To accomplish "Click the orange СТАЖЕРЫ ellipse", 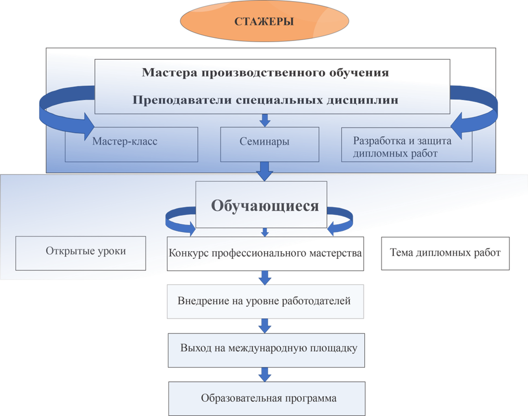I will (x=264, y=22).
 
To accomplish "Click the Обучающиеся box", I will (x=265, y=205).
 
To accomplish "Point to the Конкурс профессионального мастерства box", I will (x=265, y=254).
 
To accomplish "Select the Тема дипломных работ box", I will (x=445, y=253).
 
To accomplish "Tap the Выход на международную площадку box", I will (x=265, y=349).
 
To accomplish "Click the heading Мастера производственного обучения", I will (x=266, y=72).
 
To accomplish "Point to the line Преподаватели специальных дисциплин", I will (x=266, y=100).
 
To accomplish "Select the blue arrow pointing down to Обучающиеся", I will (x=265, y=171).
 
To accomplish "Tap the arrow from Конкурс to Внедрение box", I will (x=265, y=277).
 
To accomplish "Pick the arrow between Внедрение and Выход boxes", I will (x=265, y=326).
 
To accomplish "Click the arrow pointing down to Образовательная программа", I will (x=265, y=374).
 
